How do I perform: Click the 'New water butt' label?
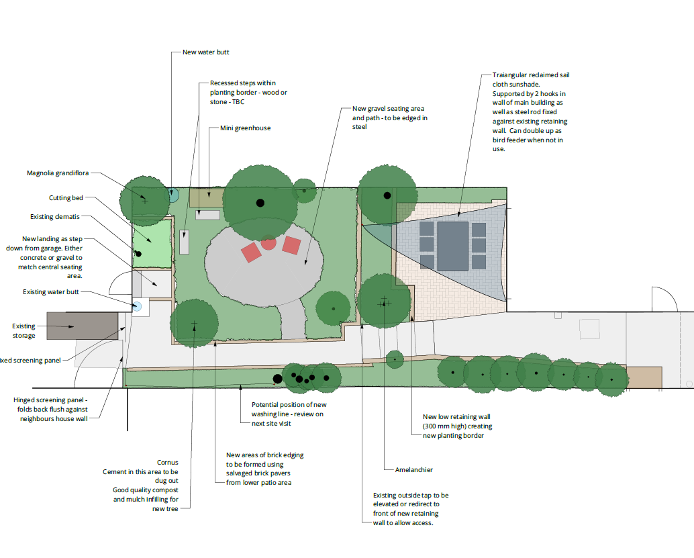tap(205, 52)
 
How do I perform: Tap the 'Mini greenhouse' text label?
tap(245, 128)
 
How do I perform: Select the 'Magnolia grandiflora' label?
tap(58, 173)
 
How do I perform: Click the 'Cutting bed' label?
tap(66, 198)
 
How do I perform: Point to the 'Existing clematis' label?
tap(55, 217)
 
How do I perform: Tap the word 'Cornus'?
tap(168, 462)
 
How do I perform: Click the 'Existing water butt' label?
tap(51, 292)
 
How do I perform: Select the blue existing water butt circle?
tap(138, 307)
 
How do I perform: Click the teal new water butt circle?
tap(174, 196)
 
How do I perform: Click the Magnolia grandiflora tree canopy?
tap(144, 200)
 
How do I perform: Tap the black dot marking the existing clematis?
tap(139, 253)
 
